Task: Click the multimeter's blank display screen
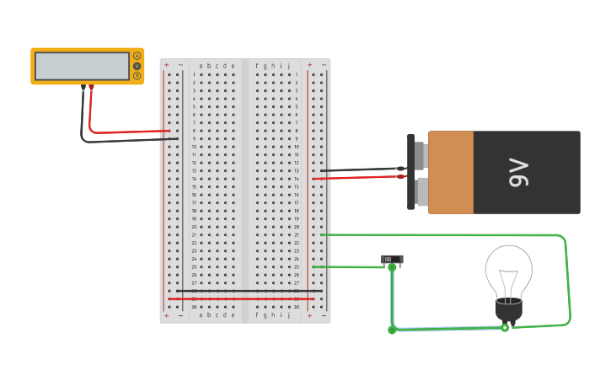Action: point(82,66)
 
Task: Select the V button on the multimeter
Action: point(137,66)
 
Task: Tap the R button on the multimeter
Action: point(137,76)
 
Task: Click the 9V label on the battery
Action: point(517,172)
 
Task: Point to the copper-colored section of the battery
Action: point(451,172)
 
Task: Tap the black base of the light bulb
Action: point(508,309)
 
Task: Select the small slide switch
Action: point(391,259)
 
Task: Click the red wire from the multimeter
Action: point(126,132)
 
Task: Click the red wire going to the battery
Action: point(354,177)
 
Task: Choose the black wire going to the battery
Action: point(354,170)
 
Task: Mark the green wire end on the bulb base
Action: point(505,327)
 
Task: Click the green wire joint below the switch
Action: point(392,330)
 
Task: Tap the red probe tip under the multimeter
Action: point(91,87)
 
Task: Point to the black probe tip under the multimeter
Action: point(83,87)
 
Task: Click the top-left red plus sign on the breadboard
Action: point(166,65)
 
